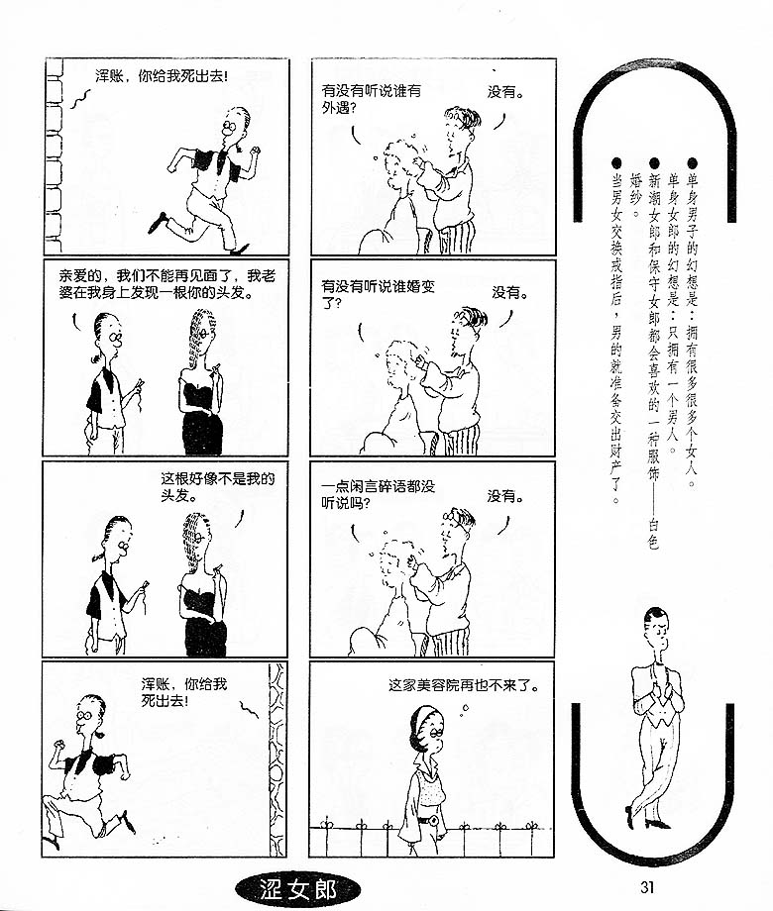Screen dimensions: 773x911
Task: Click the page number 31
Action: (647, 887)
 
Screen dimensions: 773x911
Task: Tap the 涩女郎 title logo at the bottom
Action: (297, 889)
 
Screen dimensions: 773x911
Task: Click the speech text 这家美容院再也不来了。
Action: (464, 685)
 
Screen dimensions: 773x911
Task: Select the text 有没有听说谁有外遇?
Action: (371, 99)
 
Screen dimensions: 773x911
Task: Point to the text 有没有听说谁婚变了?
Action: (378, 294)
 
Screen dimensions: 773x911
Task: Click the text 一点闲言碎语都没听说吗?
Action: (378, 494)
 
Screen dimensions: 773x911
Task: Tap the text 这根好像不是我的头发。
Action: (218, 487)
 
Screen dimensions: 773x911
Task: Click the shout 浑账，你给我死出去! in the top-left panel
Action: (162, 76)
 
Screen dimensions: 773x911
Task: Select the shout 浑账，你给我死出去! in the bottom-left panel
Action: (183, 692)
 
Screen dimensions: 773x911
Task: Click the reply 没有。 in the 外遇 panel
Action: (505, 92)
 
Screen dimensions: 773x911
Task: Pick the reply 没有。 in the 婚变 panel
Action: (510, 293)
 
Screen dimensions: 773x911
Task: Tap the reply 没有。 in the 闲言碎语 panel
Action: (505, 497)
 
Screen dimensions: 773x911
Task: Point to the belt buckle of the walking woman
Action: (433, 820)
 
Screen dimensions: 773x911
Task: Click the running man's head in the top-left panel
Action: (235, 123)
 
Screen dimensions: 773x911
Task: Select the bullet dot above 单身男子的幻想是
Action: (692, 163)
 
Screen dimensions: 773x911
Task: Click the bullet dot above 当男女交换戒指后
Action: (616, 163)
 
